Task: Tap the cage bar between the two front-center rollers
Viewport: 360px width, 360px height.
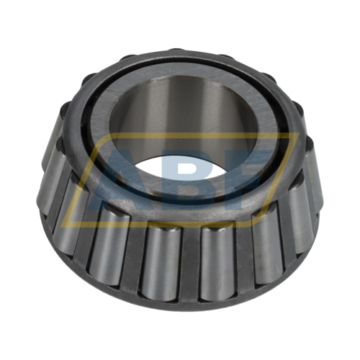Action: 186,263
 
